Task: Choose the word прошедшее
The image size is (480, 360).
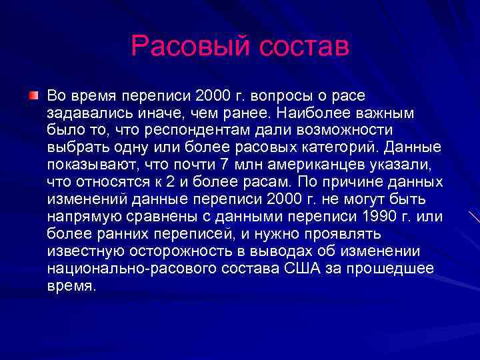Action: [x=396, y=268]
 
